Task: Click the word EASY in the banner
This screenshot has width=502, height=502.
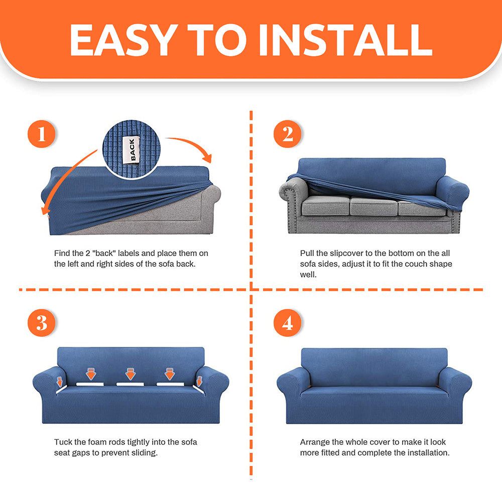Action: click(x=123, y=40)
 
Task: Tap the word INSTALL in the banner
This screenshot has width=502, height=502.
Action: click(x=346, y=40)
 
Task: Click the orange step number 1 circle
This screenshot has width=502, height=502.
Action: click(x=42, y=134)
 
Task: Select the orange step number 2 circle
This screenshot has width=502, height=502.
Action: click(x=288, y=134)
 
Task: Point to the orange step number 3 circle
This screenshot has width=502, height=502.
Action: click(x=42, y=323)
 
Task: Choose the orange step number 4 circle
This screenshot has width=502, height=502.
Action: click(x=288, y=323)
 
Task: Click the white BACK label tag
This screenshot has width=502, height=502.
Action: click(x=132, y=150)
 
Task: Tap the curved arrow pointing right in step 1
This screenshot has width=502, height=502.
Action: click(x=192, y=144)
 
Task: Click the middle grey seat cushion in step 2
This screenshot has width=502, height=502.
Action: click(x=373, y=206)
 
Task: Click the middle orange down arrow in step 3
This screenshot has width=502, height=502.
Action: click(x=131, y=374)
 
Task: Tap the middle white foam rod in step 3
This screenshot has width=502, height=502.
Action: click(x=130, y=384)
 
